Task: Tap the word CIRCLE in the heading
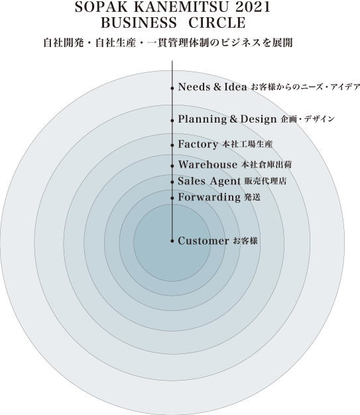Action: pos(217,23)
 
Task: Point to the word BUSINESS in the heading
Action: pos(139,23)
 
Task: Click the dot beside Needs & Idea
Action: pos(172,88)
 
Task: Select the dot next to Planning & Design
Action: pos(172,121)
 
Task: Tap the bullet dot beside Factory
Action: pos(172,145)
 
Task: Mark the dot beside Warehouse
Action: pos(172,166)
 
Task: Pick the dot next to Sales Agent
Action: pos(172,182)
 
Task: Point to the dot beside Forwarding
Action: pos(172,198)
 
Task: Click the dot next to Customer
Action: pos(172,241)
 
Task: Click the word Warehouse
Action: pos(208,164)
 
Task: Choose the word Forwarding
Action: pos(209,198)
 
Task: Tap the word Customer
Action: pos(204,241)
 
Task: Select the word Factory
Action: pos(198,145)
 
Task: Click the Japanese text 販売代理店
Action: pos(265,181)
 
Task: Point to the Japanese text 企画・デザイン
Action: pos(308,119)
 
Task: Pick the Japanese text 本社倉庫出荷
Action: pos(267,164)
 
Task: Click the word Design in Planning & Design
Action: pos(259,119)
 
